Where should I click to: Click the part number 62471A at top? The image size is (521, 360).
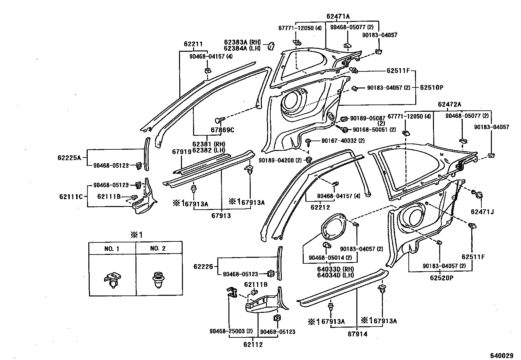(x=338, y=16)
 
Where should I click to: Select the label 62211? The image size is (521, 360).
(x=193, y=44)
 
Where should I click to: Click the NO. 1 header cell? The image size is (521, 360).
(x=112, y=249)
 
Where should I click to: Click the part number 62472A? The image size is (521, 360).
(x=449, y=104)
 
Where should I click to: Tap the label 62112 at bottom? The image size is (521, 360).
(x=253, y=344)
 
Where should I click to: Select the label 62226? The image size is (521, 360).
(x=203, y=267)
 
